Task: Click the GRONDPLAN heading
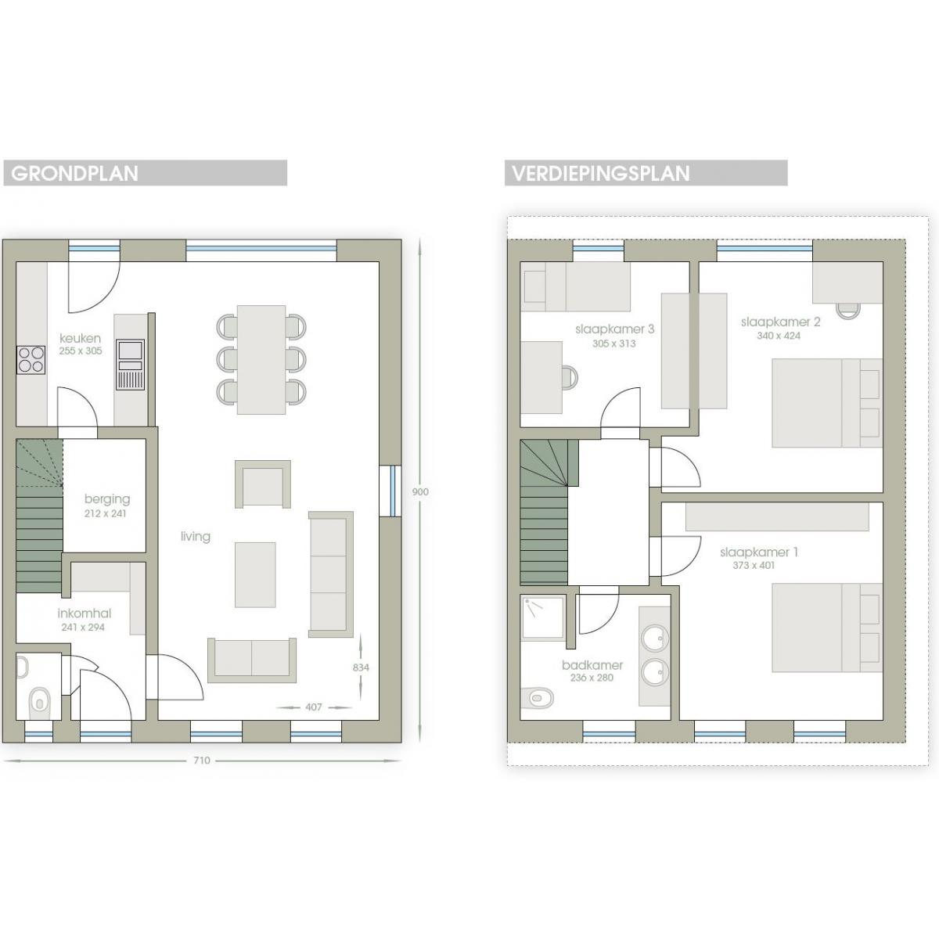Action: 74,174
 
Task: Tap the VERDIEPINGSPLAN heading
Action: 601,174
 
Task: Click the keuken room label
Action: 81,338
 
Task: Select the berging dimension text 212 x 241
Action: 106,513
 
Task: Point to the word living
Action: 196,536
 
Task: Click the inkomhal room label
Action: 85,613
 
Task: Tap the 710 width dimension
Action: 202,760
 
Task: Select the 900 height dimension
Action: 420,491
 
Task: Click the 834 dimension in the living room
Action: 361,667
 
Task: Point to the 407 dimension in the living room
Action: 313,707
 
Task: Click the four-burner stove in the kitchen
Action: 31,360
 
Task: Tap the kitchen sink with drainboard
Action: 130,365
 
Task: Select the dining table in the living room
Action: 261,360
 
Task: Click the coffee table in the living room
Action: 255,575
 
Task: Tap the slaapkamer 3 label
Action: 614,329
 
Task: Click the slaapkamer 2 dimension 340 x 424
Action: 779,335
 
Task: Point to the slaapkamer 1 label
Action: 759,552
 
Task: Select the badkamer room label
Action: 592,664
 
